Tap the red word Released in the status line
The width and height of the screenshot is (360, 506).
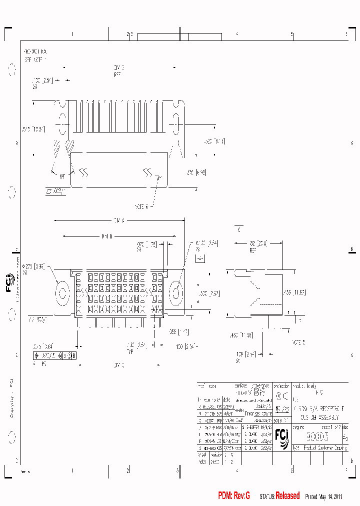coord(287,495)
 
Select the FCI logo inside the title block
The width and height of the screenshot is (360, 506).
coord(282,437)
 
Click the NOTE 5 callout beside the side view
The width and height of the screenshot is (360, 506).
coord(298,342)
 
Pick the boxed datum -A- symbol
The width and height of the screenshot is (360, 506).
coord(200,259)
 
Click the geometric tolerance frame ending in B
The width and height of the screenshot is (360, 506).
coord(54,356)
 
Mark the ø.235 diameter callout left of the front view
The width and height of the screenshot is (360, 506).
coord(34,266)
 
